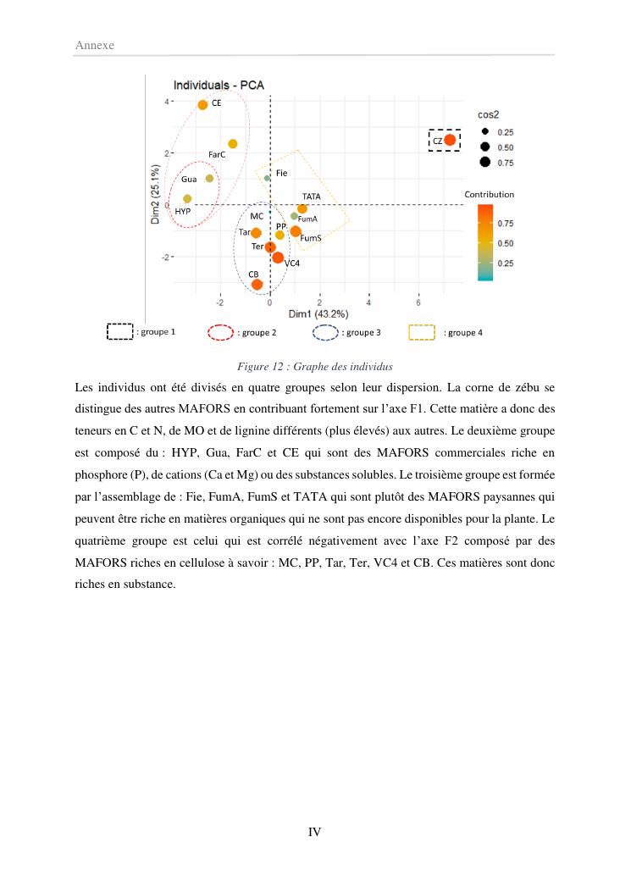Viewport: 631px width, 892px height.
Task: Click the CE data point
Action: coord(202,105)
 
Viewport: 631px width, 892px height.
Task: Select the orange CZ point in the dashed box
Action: coord(450,140)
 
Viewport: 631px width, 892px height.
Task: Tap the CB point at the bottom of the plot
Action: coord(257,285)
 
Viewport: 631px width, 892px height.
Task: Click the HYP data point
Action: coord(187,199)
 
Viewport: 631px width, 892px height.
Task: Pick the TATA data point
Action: coord(302,208)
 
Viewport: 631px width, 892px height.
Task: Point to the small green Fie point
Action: coord(268,178)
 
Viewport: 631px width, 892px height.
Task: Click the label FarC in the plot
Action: coord(216,154)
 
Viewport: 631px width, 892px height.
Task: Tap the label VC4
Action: coord(292,263)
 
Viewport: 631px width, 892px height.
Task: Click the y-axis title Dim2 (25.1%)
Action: coord(156,194)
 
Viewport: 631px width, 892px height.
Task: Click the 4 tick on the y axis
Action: coord(167,102)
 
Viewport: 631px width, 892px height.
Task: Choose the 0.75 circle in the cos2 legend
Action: coord(485,162)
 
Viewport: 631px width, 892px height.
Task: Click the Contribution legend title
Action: coord(489,194)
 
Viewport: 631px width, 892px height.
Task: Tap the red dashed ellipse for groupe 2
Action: coord(220,333)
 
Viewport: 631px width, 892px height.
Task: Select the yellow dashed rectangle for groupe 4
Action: coord(422,333)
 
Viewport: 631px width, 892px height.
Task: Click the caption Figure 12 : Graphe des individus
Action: coord(314,367)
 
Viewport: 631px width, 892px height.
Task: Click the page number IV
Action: coord(314,832)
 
